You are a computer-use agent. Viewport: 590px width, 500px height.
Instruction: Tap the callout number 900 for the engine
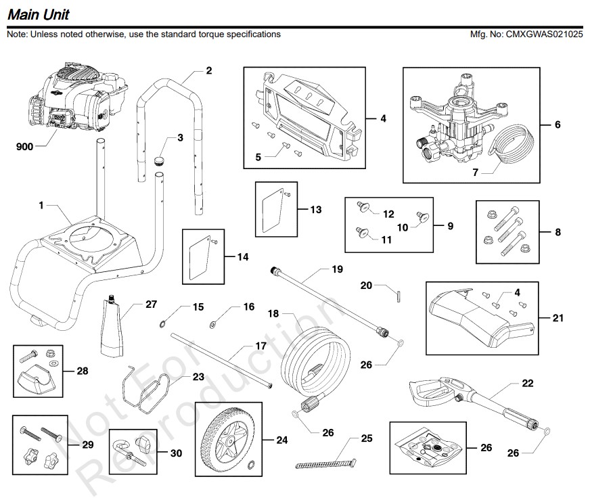tap(24, 146)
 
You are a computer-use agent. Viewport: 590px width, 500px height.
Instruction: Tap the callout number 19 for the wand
tap(337, 269)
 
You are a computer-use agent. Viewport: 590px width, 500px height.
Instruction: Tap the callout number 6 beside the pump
tap(558, 124)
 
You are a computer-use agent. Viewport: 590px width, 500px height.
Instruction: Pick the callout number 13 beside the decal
tap(316, 210)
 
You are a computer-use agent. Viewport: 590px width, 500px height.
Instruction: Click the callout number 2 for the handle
tap(208, 70)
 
